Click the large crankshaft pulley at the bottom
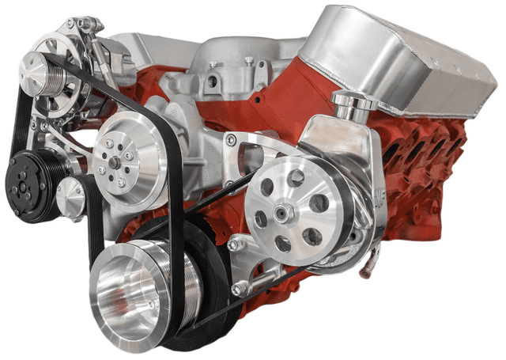pyautogui.click(x=138, y=293)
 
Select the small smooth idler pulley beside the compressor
pyautogui.click(x=71, y=194)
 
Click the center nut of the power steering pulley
pyautogui.click(x=286, y=211)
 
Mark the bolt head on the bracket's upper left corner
pyautogui.click(x=230, y=140)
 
